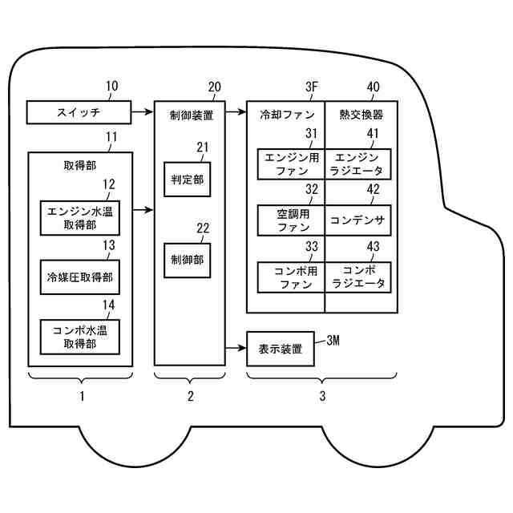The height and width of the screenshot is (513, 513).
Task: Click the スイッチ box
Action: (x=78, y=111)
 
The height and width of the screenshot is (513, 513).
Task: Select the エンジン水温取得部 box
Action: (x=80, y=218)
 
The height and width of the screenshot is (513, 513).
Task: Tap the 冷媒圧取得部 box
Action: (x=80, y=277)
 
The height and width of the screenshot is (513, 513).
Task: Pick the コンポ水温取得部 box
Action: (x=80, y=336)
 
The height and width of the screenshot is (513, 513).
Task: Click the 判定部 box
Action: (x=187, y=180)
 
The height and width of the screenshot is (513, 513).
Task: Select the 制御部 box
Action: (x=187, y=260)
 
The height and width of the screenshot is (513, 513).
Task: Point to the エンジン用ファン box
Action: (x=290, y=164)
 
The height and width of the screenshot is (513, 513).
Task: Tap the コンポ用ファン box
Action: (x=290, y=277)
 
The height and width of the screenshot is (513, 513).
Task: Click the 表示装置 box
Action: (x=281, y=349)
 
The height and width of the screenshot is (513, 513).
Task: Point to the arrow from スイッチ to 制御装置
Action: (x=143, y=111)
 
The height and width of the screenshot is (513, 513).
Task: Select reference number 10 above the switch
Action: (x=111, y=87)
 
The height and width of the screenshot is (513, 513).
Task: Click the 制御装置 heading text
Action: (x=192, y=115)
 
